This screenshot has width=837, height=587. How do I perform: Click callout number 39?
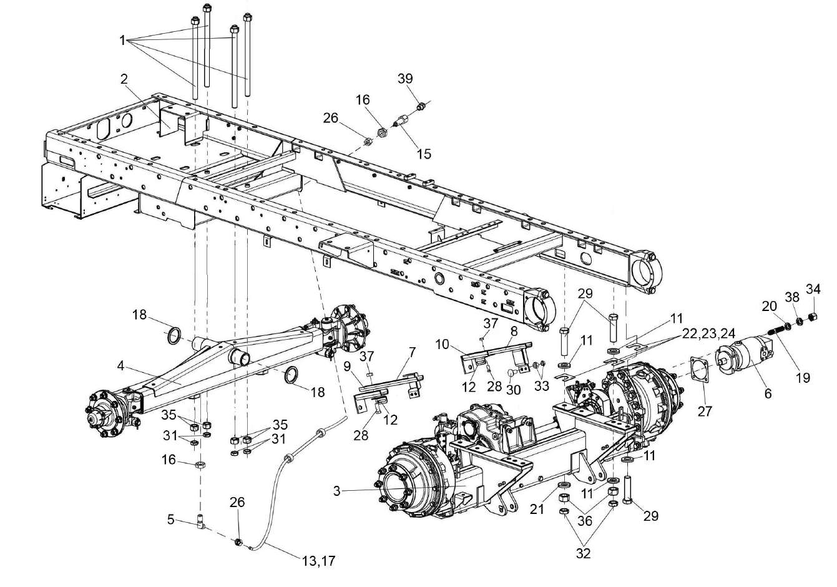point(406,78)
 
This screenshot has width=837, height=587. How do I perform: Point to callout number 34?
point(813,289)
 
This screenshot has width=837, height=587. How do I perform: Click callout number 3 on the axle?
point(336,491)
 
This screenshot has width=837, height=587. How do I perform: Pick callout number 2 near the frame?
point(124,79)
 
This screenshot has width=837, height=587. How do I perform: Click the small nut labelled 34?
point(813,315)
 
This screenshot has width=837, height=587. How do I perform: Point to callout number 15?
point(424,153)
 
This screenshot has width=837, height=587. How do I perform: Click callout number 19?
point(803,377)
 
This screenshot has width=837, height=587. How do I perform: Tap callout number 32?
point(583,553)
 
